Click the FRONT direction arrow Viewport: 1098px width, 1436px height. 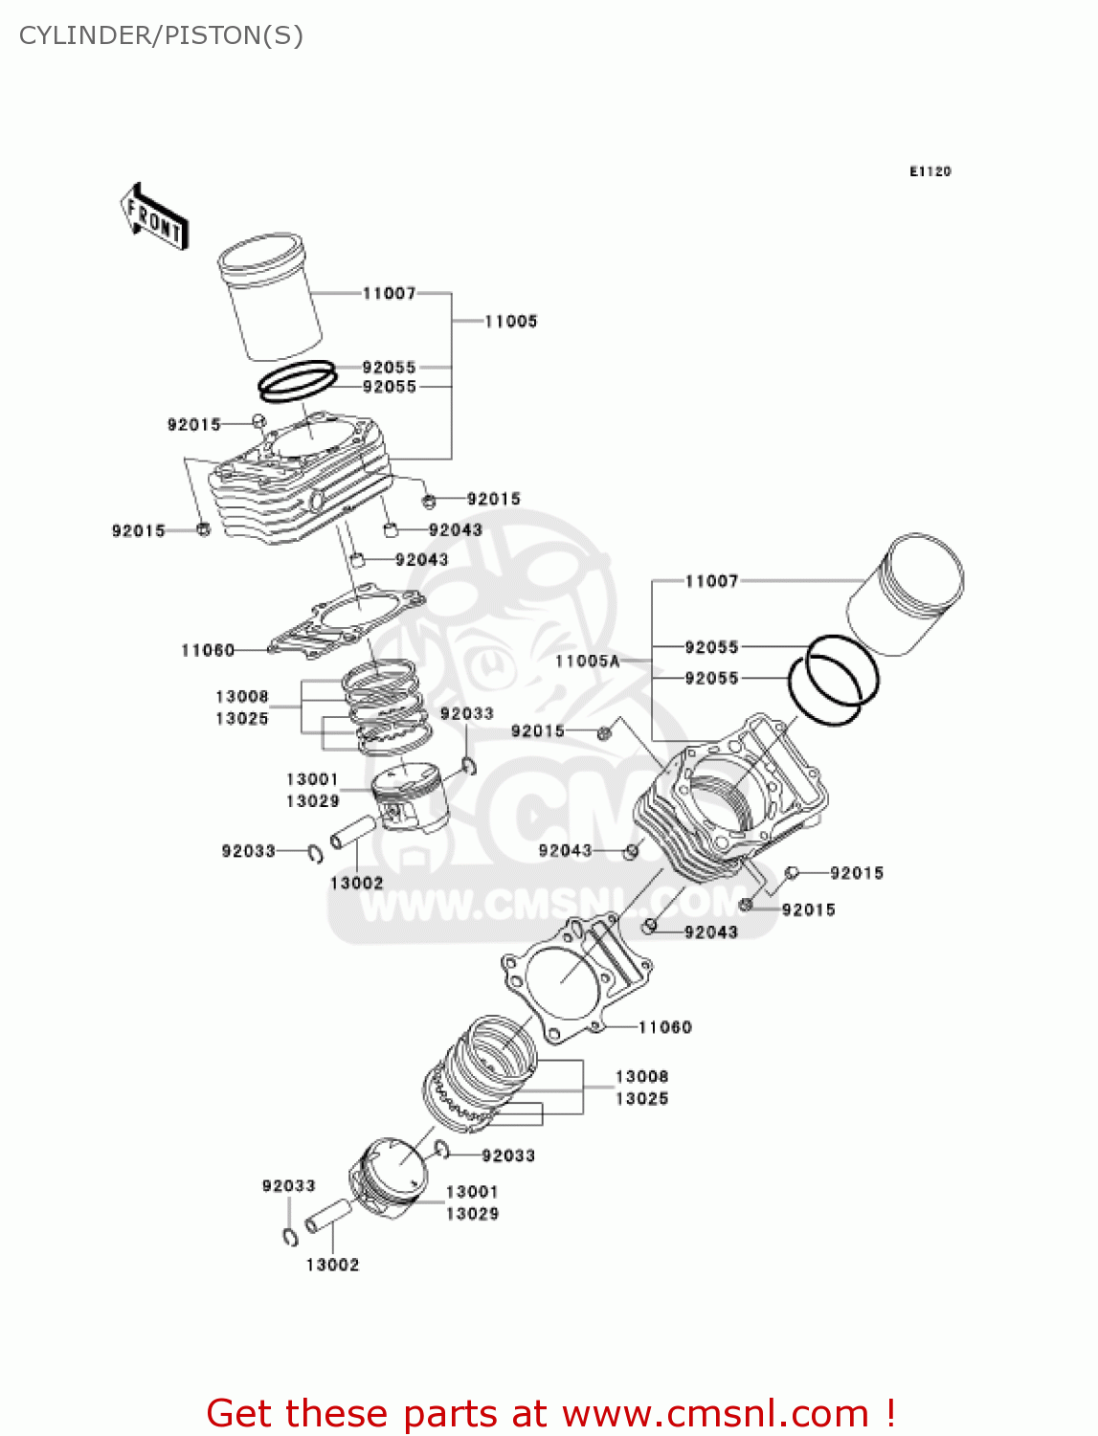pyautogui.click(x=154, y=217)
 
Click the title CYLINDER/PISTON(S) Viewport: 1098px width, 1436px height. pyautogui.click(x=161, y=35)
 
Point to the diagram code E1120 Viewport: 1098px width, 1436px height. pyautogui.click(x=930, y=171)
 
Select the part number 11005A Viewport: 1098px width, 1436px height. pyautogui.click(x=587, y=661)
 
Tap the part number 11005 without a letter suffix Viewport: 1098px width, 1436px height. pyautogui.click(x=510, y=322)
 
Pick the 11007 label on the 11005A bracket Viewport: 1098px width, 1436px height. pyautogui.click(x=711, y=581)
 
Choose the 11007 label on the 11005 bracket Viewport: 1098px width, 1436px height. pyautogui.click(x=389, y=293)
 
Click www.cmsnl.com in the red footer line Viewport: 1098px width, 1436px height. pyautogui.click(x=714, y=1413)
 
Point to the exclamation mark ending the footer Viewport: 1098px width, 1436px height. pyautogui.click(x=890, y=1413)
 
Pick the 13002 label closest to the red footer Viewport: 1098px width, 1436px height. pyautogui.click(x=332, y=1265)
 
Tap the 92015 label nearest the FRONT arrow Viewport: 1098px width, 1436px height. pyautogui.click(x=193, y=424)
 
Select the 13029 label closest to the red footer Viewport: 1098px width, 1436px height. pyautogui.click(x=472, y=1214)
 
